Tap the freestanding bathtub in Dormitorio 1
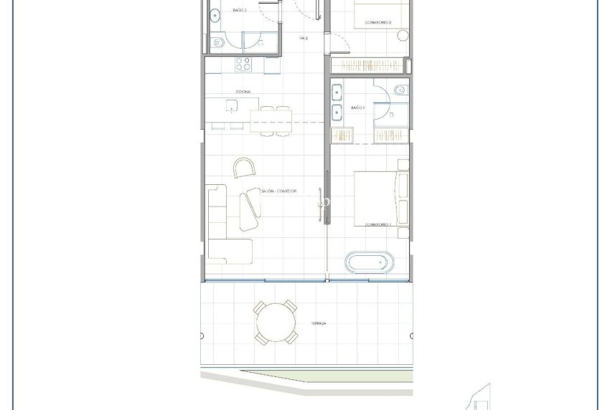pos(367,262)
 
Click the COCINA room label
pos(243,92)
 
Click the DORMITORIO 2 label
pos(377,23)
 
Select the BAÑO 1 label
pos(358,108)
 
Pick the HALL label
pos(304,38)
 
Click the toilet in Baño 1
pos(400,90)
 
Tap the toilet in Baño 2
pos(218,44)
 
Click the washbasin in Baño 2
pos(213,14)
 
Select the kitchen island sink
pos(232,106)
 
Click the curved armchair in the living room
pos(244,168)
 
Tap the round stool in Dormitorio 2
pos(403,34)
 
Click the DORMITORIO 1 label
pos(377,224)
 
